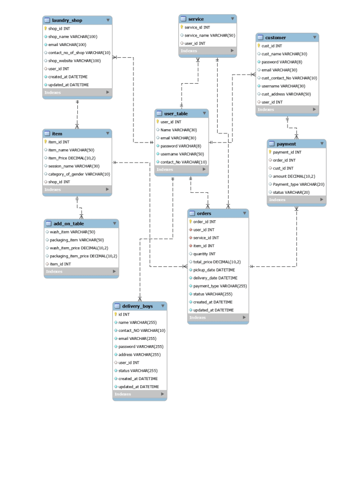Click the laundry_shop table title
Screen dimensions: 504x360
click(67, 20)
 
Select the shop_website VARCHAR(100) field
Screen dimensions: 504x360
click(74, 61)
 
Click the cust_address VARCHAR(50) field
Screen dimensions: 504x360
click(286, 94)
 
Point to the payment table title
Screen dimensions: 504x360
click(286, 143)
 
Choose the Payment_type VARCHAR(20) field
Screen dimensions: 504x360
click(299, 184)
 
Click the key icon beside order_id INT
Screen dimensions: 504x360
click(191, 222)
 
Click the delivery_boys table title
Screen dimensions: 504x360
click(137, 306)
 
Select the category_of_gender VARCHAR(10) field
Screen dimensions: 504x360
click(79, 174)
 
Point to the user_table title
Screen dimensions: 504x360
click(176, 114)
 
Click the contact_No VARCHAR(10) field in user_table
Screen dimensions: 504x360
click(183, 162)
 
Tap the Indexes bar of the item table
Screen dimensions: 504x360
click(77, 190)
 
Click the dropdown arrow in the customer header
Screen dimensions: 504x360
click(314, 38)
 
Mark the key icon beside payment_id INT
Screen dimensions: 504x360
click(270, 152)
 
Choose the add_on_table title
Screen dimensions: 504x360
click(68, 223)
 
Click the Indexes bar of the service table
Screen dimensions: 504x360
click(207, 51)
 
